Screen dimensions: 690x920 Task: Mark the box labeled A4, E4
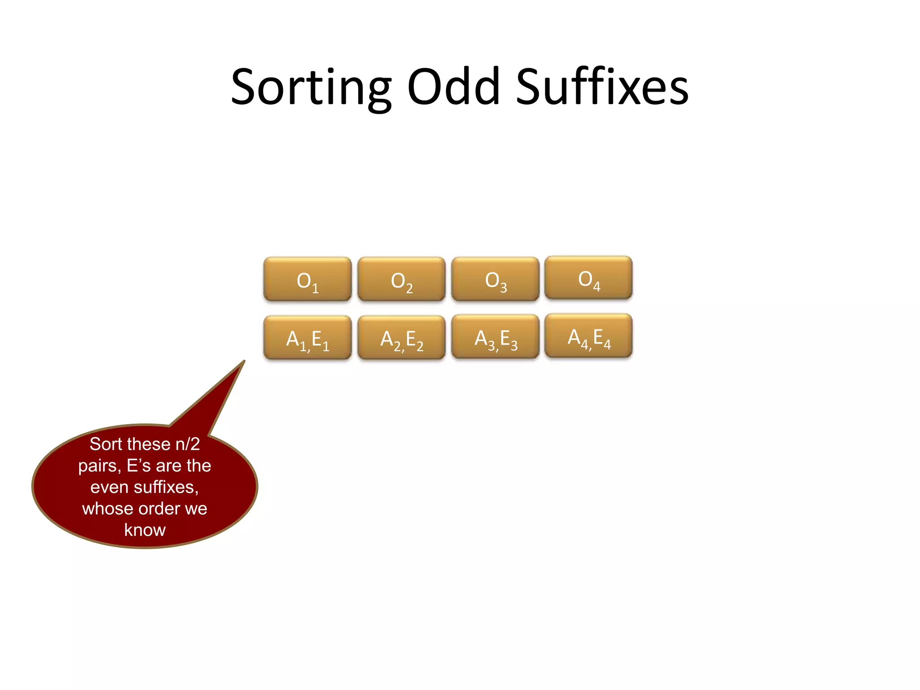tap(588, 336)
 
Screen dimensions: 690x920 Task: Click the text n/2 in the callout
tap(187, 444)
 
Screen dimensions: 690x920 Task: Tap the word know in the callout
tap(145, 530)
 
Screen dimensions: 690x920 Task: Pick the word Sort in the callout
tap(106, 444)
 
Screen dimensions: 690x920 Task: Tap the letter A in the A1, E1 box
tap(293, 338)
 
